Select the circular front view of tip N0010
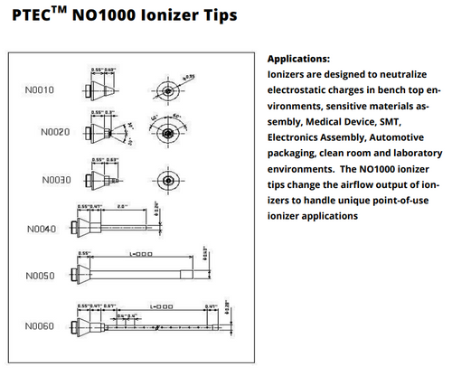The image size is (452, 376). [x=170, y=89]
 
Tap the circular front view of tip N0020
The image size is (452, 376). [x=167, y=132]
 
